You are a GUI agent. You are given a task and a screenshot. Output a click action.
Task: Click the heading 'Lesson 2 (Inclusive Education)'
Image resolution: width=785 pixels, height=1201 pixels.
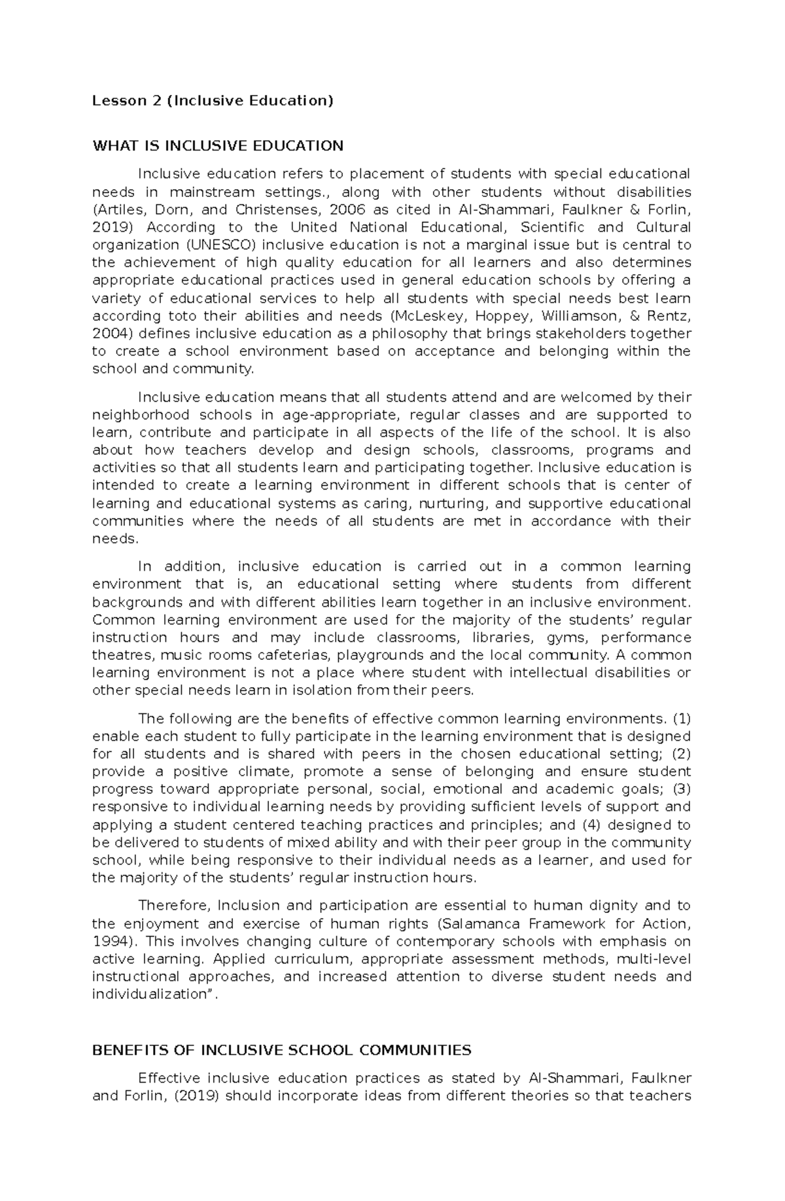click(213, 101)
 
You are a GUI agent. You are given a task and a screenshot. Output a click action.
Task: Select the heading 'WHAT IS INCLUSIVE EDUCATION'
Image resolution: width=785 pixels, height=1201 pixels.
click(218, 145)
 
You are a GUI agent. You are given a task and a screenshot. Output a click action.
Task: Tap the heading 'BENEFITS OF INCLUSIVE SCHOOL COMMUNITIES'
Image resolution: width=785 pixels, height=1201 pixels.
click(281, 1050)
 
